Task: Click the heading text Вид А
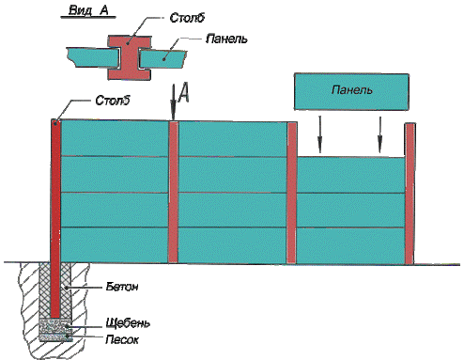[88, 10]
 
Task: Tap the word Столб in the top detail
[187, 18]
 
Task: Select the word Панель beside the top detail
[226, 39]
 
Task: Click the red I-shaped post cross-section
[130, 57]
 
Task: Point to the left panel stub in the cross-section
[92, 57]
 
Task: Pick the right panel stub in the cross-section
[162, 59]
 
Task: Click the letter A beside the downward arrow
[184, 93]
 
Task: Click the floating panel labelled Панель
[351, 91]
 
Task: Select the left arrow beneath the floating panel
[319, 134]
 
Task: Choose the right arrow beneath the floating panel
[379, 134]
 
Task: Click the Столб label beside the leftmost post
[112, 101]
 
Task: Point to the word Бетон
[122, 287]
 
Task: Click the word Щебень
[128, 322]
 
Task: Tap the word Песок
[122, 339]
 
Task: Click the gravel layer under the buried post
[55, 326]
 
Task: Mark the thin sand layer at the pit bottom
[55, 337]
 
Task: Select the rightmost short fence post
[410, 194]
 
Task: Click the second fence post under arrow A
[173, 192]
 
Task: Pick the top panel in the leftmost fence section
[115, 137]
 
